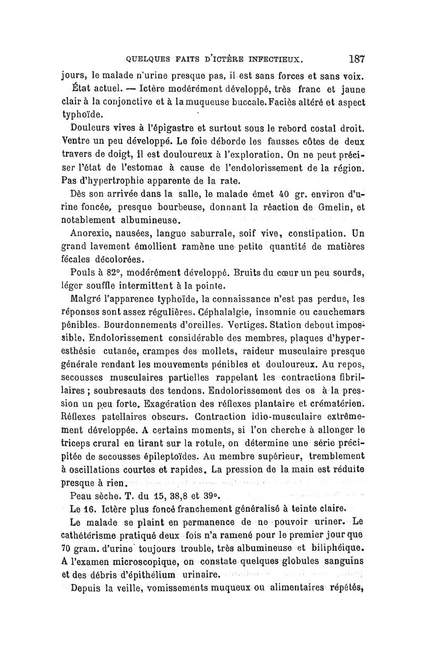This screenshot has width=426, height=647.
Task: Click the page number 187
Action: pyautogui.click(x=354, y=58)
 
